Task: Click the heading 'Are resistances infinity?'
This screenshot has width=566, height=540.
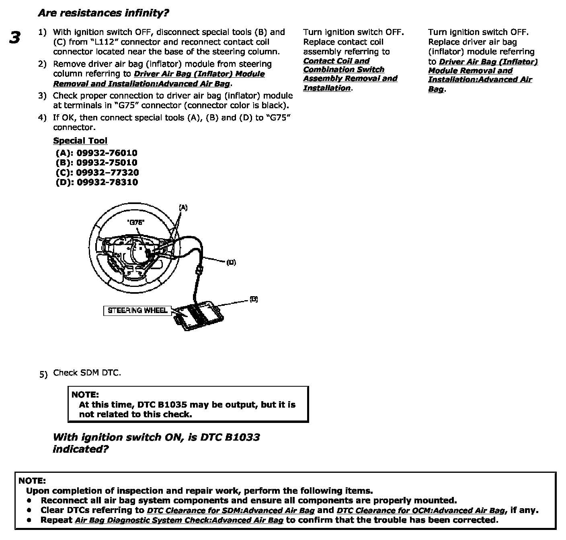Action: (103, 13)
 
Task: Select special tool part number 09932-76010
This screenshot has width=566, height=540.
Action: (107, 153)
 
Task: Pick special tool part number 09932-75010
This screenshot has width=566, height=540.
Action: (107, 163)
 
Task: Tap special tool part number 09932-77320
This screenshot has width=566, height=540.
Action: (107, 172)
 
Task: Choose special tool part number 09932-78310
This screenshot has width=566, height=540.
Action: (107, 182)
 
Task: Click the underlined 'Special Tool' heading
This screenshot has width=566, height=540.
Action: (80, 140)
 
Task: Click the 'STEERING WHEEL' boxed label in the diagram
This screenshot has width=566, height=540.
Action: (137, 310)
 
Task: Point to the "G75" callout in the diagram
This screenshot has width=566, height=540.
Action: (135, 222)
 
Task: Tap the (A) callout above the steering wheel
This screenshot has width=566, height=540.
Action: (183, 208)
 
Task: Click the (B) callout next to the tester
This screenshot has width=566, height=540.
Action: (253, 299)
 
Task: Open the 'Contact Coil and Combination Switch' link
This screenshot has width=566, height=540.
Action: (343, 65)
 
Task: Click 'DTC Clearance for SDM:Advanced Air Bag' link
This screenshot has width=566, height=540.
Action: (230, 511)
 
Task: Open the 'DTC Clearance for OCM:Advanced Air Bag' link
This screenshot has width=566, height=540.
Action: (420, 511)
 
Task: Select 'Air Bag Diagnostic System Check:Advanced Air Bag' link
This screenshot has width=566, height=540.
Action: (179, 520)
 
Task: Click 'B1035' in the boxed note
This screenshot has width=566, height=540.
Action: (172, 405)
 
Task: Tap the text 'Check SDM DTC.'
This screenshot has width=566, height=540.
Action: (87, 373)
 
